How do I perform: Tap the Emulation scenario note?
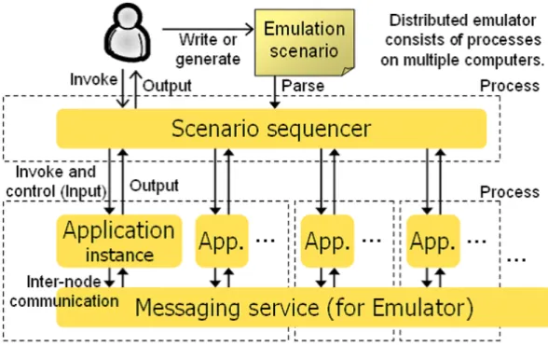305,42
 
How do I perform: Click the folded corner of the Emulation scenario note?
348,71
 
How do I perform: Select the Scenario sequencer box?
271,129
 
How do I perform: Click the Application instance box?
119,241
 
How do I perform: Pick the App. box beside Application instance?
222,241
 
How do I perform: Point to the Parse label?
303,86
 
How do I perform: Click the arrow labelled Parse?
275,92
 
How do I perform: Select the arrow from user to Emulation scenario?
209,29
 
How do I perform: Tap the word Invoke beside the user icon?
93,79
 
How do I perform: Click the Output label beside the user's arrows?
167,86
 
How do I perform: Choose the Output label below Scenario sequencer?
154,186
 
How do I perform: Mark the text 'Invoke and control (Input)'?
56,182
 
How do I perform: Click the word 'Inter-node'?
64,282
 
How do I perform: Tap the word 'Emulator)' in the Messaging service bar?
422,308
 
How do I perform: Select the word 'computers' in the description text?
504,61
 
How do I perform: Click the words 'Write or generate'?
208,49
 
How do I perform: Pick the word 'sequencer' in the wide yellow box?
319,129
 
